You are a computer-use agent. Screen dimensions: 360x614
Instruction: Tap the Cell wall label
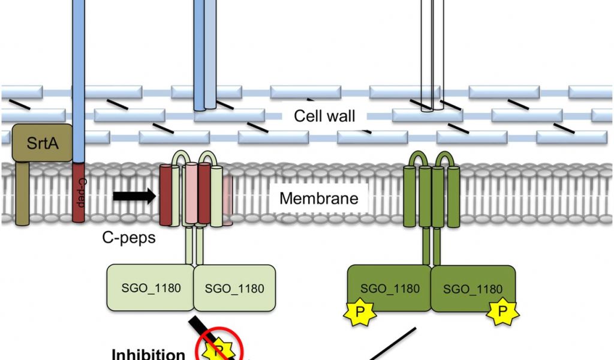[324, 116]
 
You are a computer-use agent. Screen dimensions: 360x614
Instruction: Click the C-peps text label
[128, 238]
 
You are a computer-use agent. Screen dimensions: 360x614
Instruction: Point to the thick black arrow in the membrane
[134, 196]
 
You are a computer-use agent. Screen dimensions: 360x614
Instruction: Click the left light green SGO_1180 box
[149, 287]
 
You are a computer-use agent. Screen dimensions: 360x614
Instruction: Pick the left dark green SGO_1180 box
[390, 289]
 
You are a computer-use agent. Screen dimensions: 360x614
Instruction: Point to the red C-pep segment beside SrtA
[79, 192]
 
